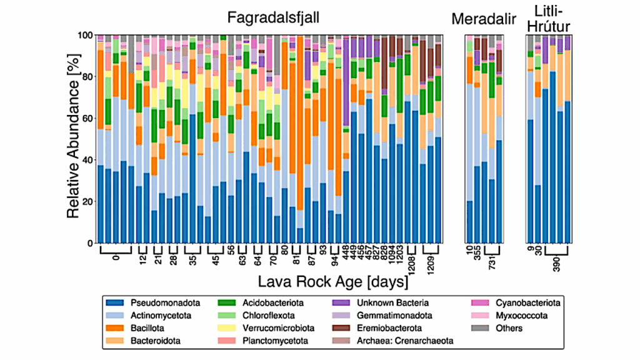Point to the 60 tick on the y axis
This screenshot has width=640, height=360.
tap(89, 119)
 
